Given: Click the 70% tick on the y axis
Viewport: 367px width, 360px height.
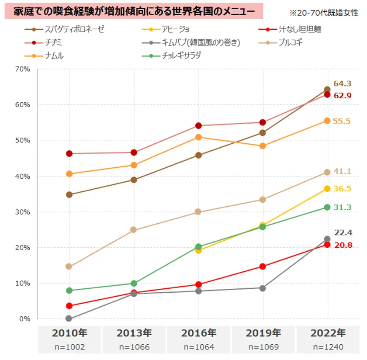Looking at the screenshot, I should pyautogui.click(x=22, y=69).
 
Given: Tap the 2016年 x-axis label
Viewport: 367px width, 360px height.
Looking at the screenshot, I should pyautogui.click(x=198, y=333).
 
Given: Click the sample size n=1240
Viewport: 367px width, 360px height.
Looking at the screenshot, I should pyautogui.click(x=328, y=347).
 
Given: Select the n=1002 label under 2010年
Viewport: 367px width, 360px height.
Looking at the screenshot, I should pyautogui.click(x=69, y=347).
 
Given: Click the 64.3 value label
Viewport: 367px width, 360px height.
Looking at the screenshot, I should pyautogui.click(x=343, y=83).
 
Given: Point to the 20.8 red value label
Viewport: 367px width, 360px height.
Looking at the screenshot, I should pyautogui.click(x=343, y=245).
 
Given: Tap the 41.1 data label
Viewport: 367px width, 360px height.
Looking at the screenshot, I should pyautogui.click(x=343, y=171).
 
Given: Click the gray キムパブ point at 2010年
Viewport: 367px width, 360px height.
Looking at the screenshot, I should pyautogui.click(x=69, y=318).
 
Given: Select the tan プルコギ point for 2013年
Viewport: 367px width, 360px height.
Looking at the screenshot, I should pyautogui.click(x=134, y=230).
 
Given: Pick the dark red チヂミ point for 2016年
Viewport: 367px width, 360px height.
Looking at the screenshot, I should pyautogui.click(x=198, y=126).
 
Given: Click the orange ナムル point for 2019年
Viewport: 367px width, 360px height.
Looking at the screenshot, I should pyautogui.click(x=263, y=146).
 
